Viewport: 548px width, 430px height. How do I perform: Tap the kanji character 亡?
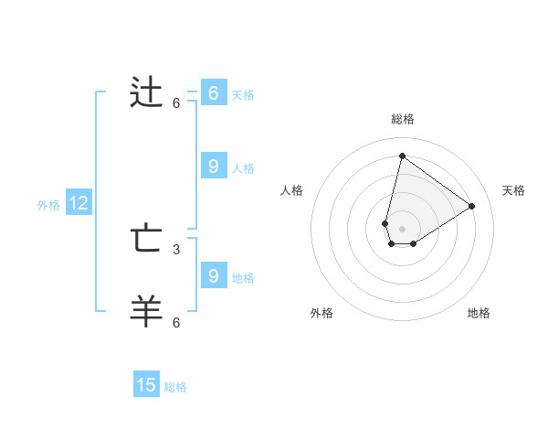click(147, 240)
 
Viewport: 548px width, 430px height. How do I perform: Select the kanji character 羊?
click(147, 311)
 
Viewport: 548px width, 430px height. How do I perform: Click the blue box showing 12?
click(78, 204)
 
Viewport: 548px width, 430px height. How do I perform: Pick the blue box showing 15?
click(146, 385)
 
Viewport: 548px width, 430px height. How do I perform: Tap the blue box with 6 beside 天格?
click(213, 93)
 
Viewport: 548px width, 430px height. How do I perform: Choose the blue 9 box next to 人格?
click(213, 167)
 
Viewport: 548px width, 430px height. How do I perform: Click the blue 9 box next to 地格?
click(213, 275)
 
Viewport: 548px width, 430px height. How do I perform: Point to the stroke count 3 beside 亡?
click(176, 249)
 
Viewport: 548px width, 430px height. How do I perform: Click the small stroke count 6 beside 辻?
click(176, 103)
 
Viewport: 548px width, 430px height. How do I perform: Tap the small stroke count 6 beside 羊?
click(176, 322)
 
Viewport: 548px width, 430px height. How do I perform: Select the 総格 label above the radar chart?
click(402, 119)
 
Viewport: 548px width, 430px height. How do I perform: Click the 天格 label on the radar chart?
click(513, 190)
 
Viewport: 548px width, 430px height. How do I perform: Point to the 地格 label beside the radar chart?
click(479, 313)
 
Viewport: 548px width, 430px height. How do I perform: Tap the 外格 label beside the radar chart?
click(321, 313)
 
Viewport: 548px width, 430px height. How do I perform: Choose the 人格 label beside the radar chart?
click(291, 190)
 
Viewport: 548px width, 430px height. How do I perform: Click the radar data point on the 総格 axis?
click(402, 156)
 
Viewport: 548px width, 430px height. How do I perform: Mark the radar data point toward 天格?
click(471, 206)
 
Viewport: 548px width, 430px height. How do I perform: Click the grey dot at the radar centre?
click(402, 229)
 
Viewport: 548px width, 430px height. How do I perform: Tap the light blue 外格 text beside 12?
click(48, 205)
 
